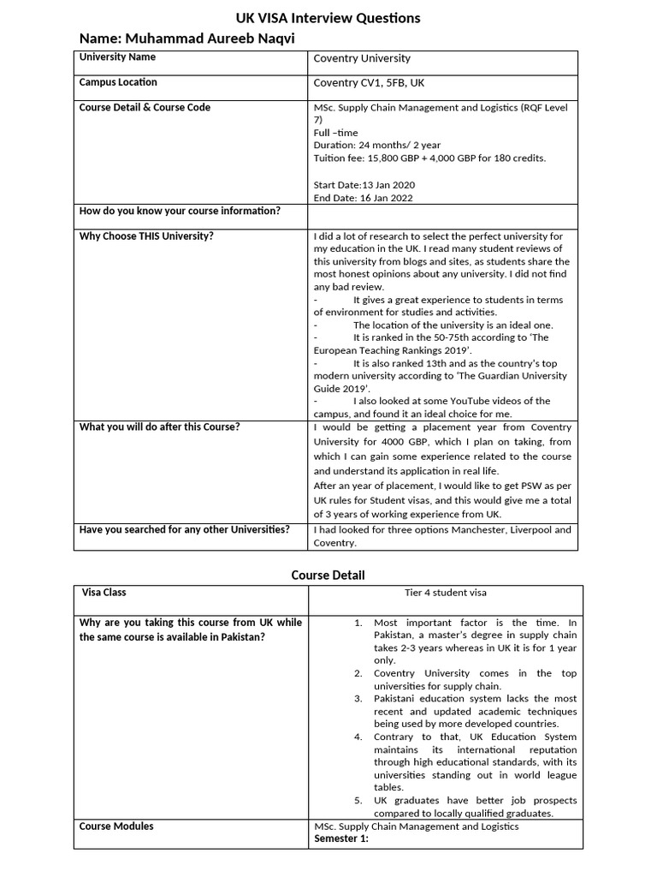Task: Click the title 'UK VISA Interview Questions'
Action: click(328, 18)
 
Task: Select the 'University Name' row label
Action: click(117, 57)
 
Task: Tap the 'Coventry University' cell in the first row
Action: click(362, 58)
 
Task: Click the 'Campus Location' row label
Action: click(118, 82)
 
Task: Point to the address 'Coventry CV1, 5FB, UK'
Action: click(369, 83)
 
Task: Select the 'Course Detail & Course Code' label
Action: click(145, 107)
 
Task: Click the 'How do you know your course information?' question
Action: click(180, 211)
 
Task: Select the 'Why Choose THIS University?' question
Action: click(146, 236)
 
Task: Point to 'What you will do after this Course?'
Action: click(159, 427)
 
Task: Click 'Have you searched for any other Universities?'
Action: click(184, 529)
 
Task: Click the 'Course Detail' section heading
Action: click(328, 575)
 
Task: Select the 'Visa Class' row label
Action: click(104, 592)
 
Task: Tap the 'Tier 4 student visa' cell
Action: click(446, 593)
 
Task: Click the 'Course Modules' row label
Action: click(116, 826)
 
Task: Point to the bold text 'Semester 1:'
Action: click(340, 838)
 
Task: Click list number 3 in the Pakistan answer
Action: click(358, 699)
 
